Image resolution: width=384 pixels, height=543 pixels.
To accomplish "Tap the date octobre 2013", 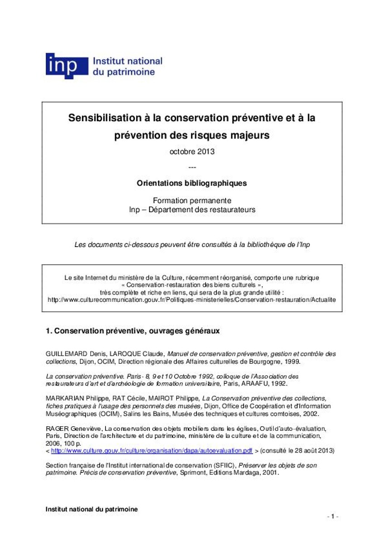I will [x=192, y=152].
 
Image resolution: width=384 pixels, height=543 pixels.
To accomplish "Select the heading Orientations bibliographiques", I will [x=192, y=183].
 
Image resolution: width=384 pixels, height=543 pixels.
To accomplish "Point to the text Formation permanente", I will [x=192, y=200].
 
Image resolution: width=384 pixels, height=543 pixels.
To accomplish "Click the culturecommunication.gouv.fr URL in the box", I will [x=192, y=300].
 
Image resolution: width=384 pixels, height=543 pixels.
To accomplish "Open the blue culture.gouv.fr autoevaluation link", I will [x=152, y=451].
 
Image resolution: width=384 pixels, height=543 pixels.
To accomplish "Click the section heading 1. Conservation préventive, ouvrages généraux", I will [x=133, y=331].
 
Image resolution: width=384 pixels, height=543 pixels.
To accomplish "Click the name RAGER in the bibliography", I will [x=56, y=428].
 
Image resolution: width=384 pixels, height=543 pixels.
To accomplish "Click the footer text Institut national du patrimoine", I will [x=91, y=509].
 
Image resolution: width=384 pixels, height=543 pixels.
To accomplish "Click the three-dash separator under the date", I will [x=192, y=167].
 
